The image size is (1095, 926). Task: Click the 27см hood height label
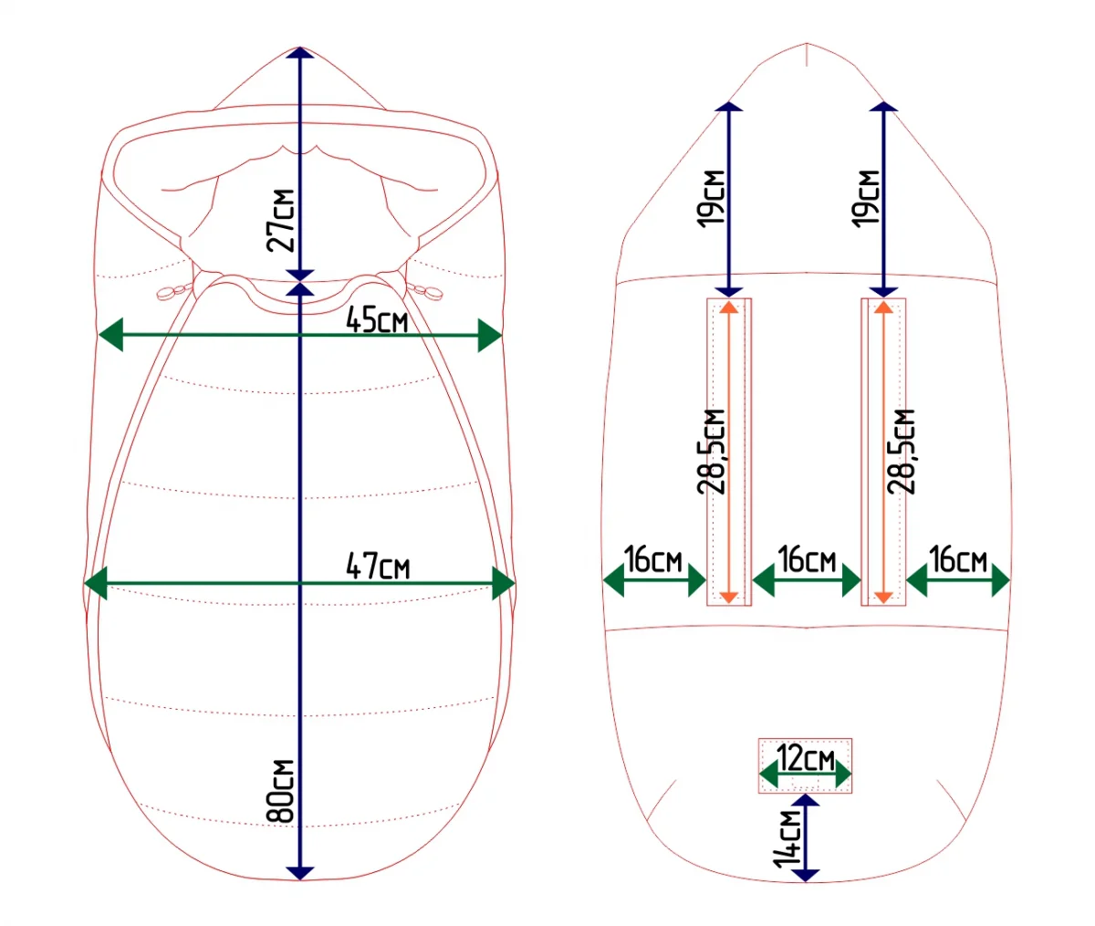tap(280, 221)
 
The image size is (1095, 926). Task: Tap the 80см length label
tap(280, 792)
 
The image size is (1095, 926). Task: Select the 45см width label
tap(377, 320)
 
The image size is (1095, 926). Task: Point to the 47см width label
tap(379, 566)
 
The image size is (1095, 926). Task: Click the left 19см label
tap(710, 199)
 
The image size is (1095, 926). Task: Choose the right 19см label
tap(865, 199)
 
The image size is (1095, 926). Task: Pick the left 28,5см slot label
tap(711, 452)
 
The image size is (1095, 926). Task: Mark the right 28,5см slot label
tap(901, 452)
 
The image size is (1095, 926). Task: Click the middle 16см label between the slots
tap(807, 559)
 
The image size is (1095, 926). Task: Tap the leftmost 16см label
tap(652, 559)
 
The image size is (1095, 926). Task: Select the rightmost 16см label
tap(958, 559)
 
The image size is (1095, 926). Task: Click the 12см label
tap(805, 759)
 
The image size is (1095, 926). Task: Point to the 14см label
tap(787, 839)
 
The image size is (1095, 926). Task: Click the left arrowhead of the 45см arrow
tap(110, 335)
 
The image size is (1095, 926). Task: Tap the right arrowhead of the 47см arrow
tap(504, 583)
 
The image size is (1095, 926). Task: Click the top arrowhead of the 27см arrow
tap(300, 53)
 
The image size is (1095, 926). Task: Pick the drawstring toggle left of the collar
tap(175, 291)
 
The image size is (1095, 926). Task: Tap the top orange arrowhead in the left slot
tap(729, 307)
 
